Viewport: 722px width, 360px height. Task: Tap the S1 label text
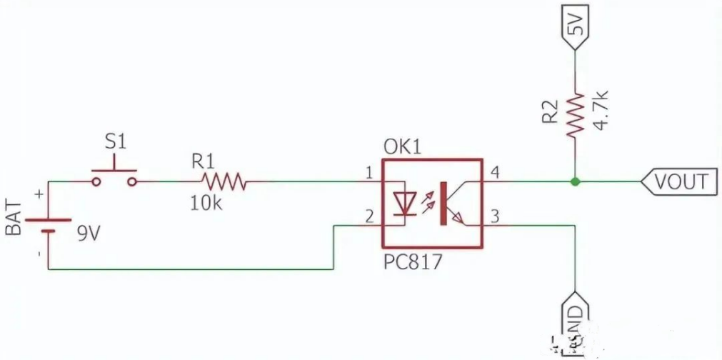[115, 141]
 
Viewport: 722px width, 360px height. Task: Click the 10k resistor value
[206, 204]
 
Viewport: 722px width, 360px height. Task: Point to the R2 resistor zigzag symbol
[575, 114]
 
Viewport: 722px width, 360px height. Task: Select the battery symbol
[49, 226]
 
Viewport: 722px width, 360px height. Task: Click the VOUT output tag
[678, 181]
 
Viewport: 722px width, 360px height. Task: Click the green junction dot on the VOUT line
[575, 181]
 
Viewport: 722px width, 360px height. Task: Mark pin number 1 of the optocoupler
[368, 172]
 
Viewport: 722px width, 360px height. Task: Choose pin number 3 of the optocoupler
[493, 215]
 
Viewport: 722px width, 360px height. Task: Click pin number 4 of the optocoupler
[493, 172]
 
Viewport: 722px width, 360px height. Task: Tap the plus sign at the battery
[39, 194]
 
